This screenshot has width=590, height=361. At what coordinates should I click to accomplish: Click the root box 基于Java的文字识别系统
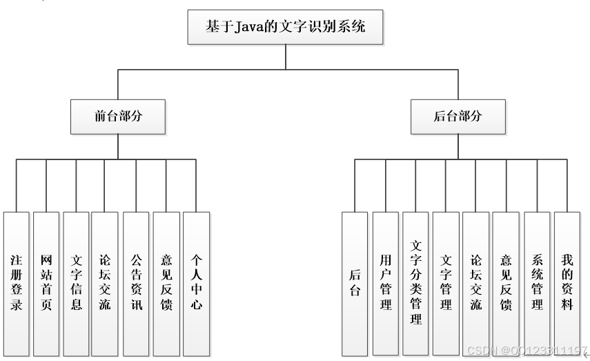coord(285,28)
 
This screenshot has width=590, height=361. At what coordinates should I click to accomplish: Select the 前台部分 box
coord(118,116)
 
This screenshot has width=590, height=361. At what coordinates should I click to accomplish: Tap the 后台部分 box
coord(457,116)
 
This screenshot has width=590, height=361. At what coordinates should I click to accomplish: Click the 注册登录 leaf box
coord(17,283)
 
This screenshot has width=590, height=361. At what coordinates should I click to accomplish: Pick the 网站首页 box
coord(46,283)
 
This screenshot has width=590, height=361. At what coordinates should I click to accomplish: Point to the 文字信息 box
coord(76,283)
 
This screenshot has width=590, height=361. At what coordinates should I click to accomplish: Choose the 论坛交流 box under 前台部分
coord(105,283)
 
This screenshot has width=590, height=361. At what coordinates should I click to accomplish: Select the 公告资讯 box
coord(137,283)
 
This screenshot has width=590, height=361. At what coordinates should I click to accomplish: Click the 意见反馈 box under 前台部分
coord(166,283)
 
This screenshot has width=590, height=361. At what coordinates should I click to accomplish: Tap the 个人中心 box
coord(197,283)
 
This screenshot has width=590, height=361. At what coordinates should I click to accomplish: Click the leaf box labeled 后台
coord(355,283)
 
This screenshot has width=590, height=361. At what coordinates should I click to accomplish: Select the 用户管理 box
coord(386,283)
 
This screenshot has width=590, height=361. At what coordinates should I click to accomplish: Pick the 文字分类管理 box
coord(415,283)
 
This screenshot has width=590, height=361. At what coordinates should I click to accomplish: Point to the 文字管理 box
coord(446,283)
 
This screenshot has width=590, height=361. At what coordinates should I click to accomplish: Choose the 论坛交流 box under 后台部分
coord(475,283)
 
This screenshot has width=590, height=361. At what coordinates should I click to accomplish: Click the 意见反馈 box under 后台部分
coord(506,283)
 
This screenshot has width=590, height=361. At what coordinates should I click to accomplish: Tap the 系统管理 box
coord(537,283)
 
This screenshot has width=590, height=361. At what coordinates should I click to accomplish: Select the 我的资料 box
coord(567,283)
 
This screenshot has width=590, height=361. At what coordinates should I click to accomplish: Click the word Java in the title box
coord(253,28)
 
